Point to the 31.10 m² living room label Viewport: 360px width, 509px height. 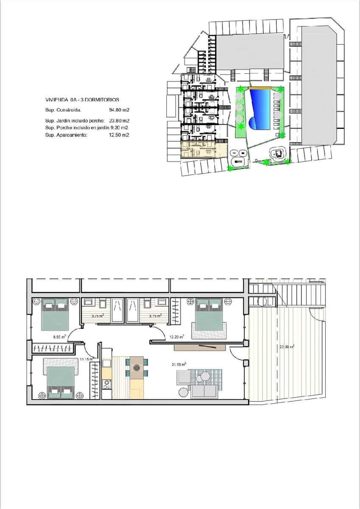[x=177, y=364]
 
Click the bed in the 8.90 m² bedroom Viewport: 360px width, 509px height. [x=55, y=314]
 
